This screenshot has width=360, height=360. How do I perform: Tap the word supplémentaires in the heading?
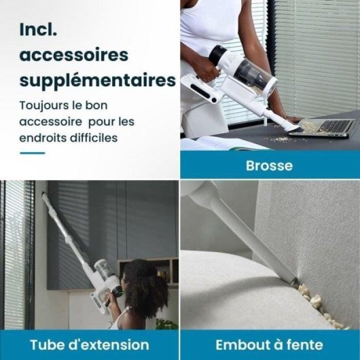point(97,80)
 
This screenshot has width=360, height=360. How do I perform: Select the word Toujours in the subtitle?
point(43,106)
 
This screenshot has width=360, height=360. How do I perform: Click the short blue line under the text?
point(32,153)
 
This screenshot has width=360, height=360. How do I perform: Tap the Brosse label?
point(270,165)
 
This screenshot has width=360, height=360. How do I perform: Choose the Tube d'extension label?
point(89,344)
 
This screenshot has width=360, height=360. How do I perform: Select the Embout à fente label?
point(270,344)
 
